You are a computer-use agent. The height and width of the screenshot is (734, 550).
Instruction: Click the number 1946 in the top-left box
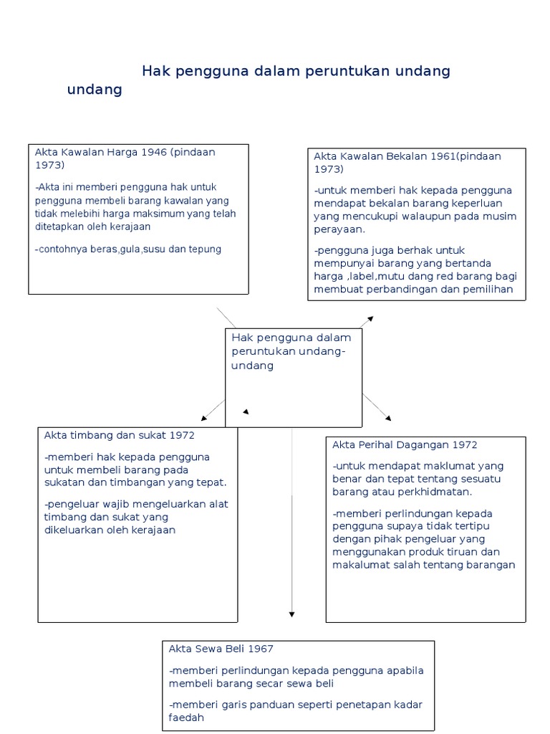[x=155, y=152]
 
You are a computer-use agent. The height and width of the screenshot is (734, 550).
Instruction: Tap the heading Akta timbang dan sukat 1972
[x=119, y=435]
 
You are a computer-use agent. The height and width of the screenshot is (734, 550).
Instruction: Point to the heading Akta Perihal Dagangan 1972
[x=405, y=445]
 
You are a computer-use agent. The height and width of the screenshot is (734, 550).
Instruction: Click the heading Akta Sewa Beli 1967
[x=221, y=649]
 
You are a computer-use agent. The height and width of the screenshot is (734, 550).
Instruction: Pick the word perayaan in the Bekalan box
[x=339, y=229]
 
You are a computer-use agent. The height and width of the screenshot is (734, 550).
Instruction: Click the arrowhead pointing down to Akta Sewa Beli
[x=292, y=614]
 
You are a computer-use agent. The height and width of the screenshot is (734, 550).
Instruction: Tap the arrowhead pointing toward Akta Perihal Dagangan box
[x=388, y=417]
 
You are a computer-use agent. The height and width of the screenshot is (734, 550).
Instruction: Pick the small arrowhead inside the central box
[x=246, y=412]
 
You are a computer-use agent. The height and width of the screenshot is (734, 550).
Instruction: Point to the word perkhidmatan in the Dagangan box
[x=437, y=492]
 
